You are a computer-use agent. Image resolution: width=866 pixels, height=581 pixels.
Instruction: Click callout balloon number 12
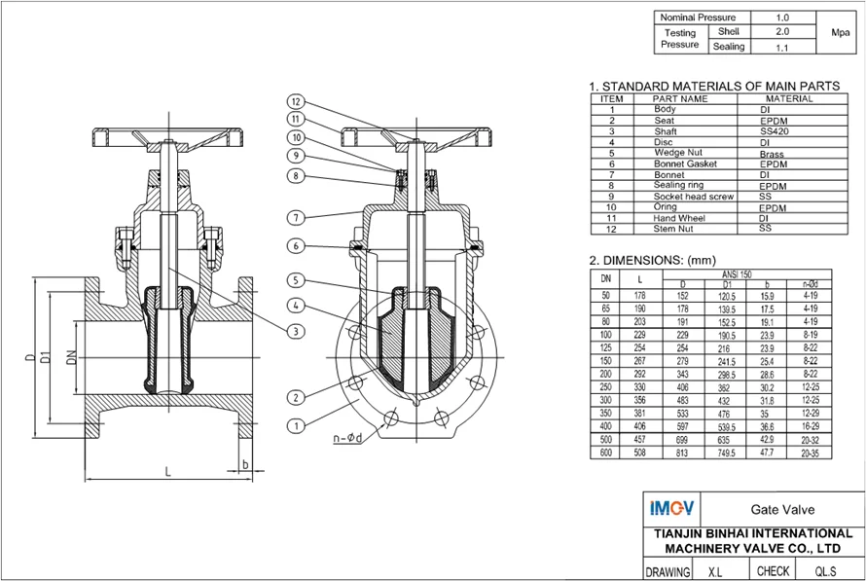296,101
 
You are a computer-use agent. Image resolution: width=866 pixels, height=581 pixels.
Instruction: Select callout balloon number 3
296,331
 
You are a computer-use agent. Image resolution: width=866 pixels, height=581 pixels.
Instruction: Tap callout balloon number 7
296,218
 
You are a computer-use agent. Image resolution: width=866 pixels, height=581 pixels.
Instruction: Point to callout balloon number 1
296,426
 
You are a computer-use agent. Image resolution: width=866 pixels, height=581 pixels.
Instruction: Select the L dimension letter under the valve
168,471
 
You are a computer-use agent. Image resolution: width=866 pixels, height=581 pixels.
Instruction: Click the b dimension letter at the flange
245,464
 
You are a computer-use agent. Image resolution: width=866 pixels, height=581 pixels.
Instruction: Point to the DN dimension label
71,357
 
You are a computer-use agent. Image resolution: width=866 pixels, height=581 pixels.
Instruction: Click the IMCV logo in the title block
671,508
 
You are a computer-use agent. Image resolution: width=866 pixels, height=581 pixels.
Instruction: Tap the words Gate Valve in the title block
782,509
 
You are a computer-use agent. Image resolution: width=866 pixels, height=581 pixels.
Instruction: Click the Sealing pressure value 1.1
782,48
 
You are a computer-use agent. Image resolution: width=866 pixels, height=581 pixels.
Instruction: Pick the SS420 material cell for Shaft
775,131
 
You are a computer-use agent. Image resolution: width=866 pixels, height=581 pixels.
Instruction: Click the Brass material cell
772,154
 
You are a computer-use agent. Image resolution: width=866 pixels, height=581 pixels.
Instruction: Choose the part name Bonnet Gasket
685,164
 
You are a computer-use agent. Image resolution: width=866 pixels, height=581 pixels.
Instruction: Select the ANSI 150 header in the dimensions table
737,274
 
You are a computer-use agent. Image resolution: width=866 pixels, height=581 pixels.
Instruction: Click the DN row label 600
605,453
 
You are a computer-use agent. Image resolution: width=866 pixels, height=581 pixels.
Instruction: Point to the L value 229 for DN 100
639,335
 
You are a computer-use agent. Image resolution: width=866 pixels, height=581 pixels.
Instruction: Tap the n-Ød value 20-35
811,453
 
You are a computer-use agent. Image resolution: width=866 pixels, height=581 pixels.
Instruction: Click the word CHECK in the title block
773,571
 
